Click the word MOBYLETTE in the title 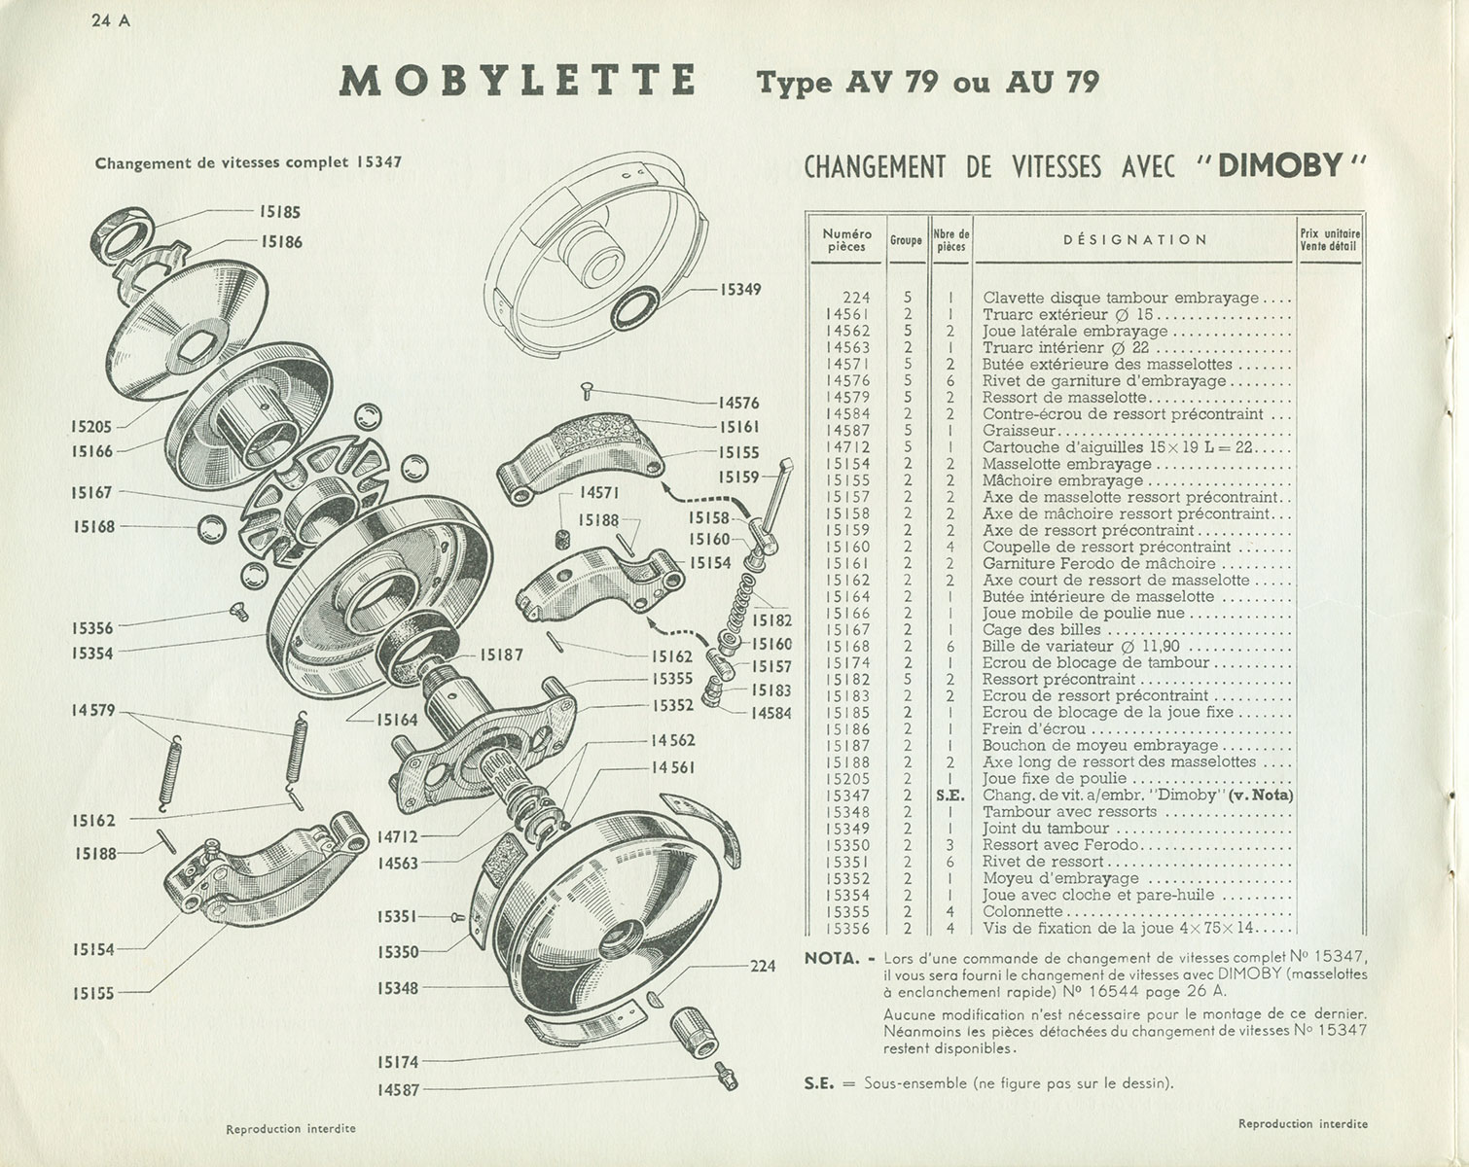[517, 80]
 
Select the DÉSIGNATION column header [1134, 239]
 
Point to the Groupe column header [906, 240]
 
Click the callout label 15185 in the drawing [279, 210]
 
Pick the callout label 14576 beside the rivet [738, 403]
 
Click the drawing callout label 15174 [398, 1062]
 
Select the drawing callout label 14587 [398, 1090]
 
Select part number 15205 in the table [846, 779]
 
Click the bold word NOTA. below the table [833, 958]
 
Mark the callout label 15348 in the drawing [398, 988]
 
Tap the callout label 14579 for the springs [93, 711]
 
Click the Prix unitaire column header [1329, 239]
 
